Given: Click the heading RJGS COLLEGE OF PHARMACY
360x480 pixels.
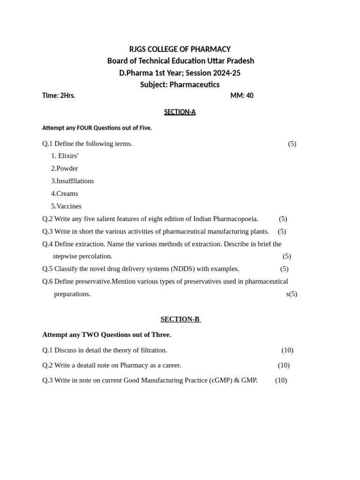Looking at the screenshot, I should click(180, 49).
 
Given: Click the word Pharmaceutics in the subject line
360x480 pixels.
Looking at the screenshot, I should click(194, 85).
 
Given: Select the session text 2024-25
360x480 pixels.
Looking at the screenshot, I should click(226, 73).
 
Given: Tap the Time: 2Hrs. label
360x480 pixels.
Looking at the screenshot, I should click(59, 96).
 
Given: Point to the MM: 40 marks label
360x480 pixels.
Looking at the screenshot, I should click(242, 96).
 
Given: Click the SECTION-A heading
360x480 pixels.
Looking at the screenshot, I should click(180, 112).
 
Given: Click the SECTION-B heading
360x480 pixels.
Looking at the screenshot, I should click(180, 319).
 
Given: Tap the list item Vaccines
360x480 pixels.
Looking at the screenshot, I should click(69, 206).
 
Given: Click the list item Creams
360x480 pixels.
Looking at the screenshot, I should click(67, 194).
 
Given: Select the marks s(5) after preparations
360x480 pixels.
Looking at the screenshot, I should click(292, 294).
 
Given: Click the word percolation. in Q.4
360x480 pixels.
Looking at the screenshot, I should click(96, 256).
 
